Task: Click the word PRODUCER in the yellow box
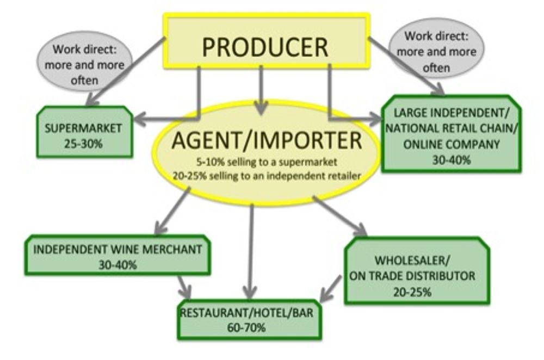click(x=265, y=47)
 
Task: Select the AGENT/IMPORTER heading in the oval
click(x=267, y=140)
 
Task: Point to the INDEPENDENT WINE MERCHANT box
click(x=118, y=256)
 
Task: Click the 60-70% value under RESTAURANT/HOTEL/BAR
click(x=250, y=327)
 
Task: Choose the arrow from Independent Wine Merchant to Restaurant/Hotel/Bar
click(x=183, y=284)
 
